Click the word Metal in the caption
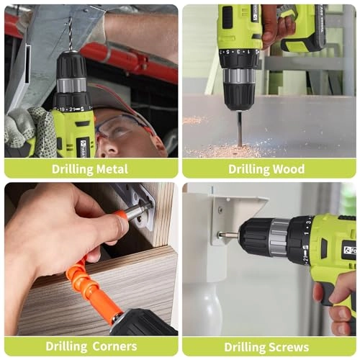pos(109,169)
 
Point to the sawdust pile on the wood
pos(223,150)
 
